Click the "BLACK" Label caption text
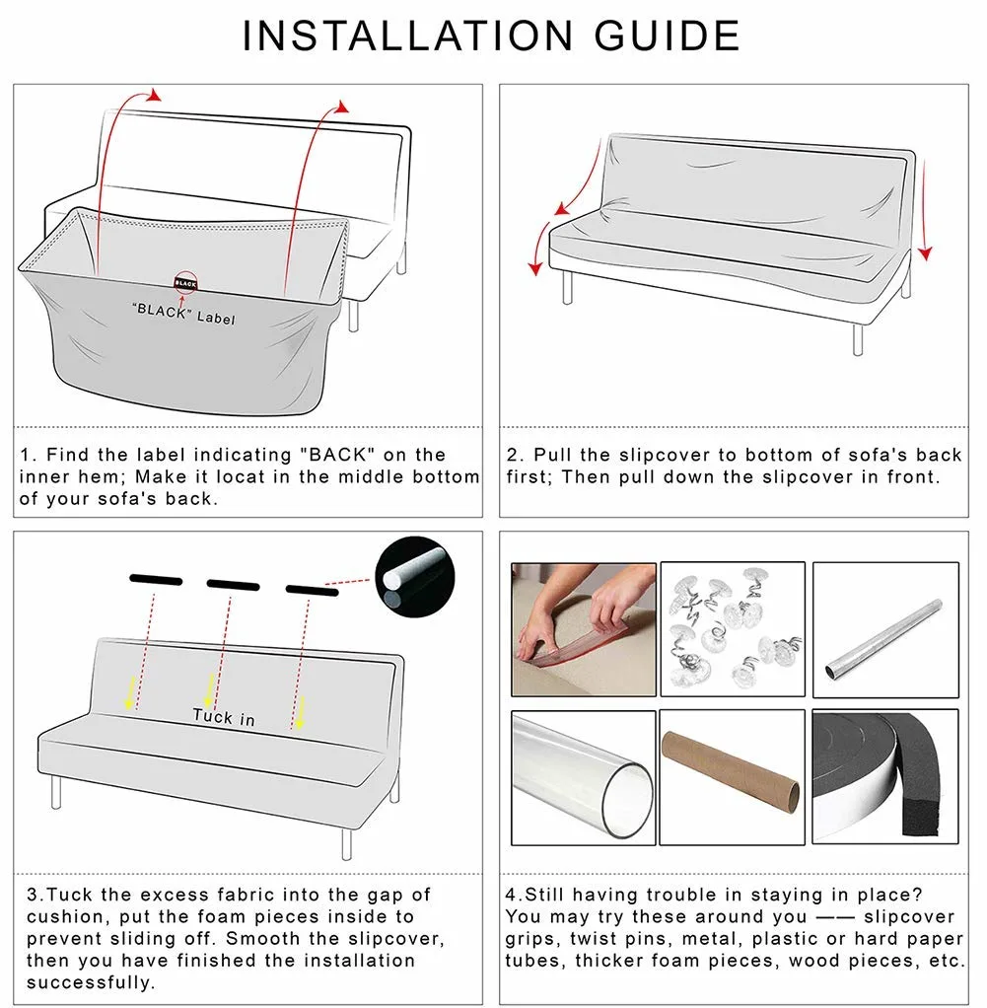183,314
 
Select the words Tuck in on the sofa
224,717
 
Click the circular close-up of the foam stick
415,578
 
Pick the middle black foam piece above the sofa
233,584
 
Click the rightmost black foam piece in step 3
313,590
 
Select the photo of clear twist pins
732,628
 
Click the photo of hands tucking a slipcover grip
583,629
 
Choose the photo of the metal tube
884,628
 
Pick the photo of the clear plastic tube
583,775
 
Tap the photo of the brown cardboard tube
732,775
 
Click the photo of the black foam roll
884,775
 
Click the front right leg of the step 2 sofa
857,338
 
